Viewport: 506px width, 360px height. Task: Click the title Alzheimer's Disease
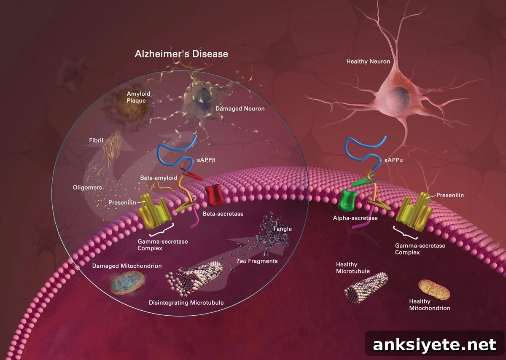tap(181, 54)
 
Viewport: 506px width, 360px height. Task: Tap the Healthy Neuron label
tap(368, 62)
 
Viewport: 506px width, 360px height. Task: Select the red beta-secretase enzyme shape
tap(213, 195)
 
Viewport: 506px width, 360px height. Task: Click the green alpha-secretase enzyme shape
tap(347, 200)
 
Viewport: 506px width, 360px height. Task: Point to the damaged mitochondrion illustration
tap(127, 283)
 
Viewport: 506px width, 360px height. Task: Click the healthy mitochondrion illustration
tap(434, 290)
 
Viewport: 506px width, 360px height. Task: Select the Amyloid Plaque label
tap(138, 97)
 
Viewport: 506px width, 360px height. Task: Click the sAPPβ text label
tap(206, 160)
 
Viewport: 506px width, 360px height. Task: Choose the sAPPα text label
tap(394, 160)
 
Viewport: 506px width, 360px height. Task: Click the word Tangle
tap(282, 229)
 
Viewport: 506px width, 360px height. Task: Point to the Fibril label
tap(96, 140)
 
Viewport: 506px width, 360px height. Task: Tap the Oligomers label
tap(87, 188)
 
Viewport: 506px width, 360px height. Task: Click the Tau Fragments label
tap(257, 261)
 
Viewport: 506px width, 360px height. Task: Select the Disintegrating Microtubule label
tap(186, 303)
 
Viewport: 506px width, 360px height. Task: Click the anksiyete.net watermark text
tap(434, 345)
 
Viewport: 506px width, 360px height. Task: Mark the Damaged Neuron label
tap(240, 109)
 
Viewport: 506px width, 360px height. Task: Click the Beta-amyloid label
tap(159, 178)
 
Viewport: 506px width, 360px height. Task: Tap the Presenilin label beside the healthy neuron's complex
tap(450, 195)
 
